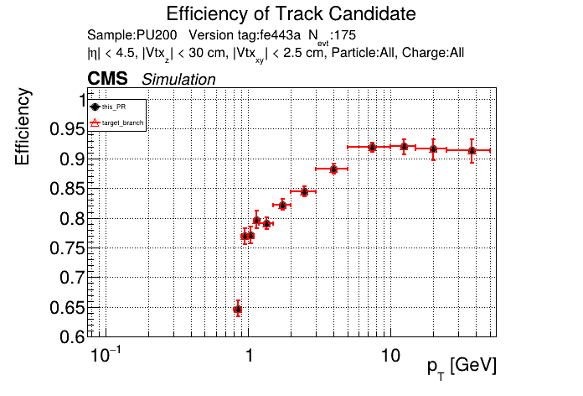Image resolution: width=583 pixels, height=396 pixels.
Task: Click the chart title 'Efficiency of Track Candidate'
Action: [291, 14]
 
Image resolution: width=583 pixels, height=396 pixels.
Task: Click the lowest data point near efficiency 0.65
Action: [237, 310]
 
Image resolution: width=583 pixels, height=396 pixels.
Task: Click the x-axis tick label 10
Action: [389, 357]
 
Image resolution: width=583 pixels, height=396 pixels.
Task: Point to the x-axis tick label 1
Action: [249, 357]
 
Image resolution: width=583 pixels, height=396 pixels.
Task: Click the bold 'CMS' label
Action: [107, 79]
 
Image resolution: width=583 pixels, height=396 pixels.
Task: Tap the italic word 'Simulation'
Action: [178, 80]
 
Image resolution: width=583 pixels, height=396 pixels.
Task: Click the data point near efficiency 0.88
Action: [333, 169]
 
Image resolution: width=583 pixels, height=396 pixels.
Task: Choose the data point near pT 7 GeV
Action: [372, 148]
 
